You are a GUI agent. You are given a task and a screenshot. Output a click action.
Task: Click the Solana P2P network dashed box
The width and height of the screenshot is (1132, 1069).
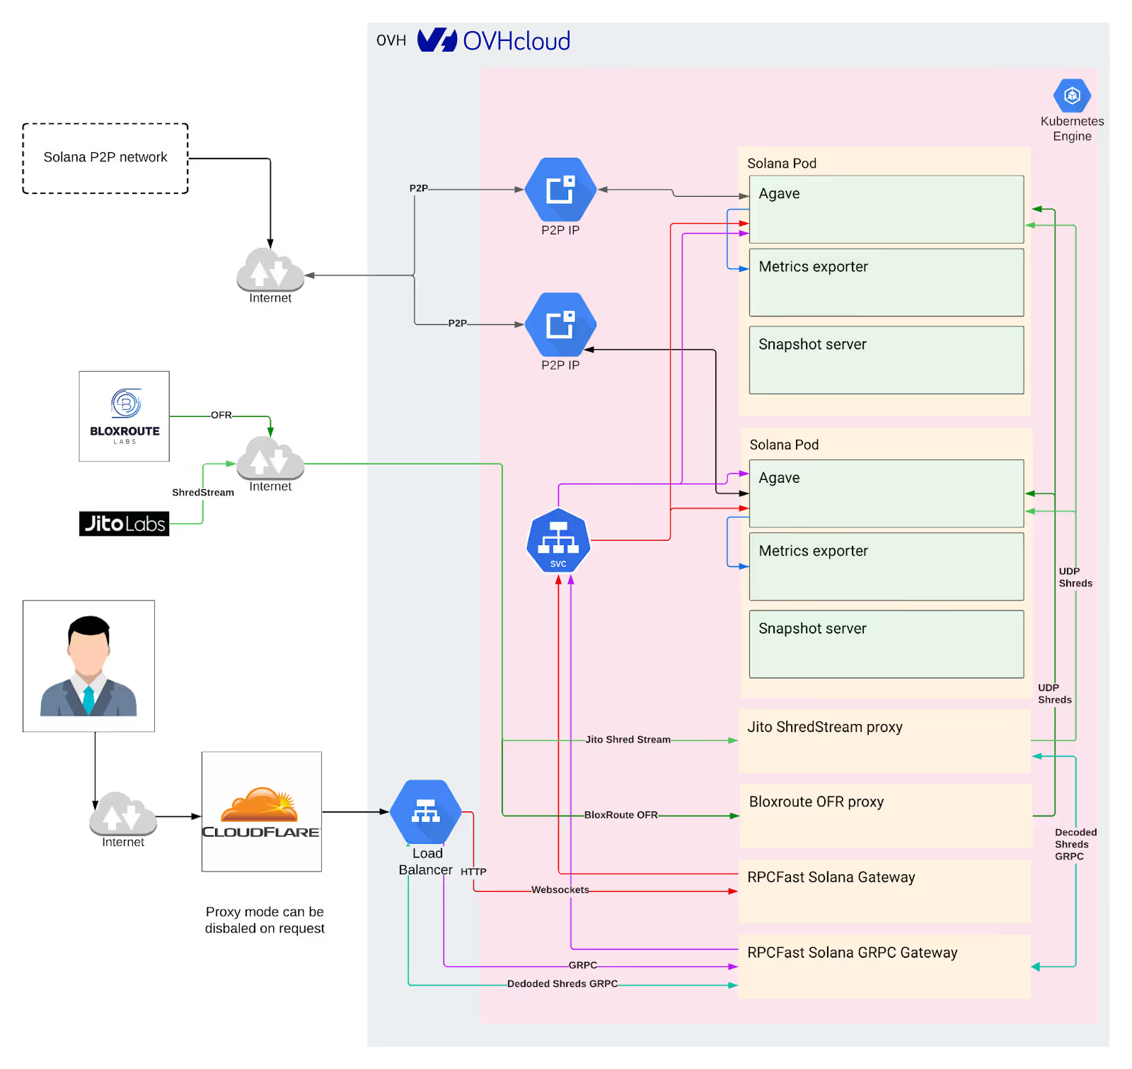click(x=105, y=158)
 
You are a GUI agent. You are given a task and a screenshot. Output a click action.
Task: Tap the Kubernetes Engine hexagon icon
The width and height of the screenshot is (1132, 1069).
click(x=1072, y=96)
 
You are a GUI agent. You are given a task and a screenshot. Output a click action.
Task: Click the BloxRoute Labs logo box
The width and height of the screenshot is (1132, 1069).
click(x=125, y=416)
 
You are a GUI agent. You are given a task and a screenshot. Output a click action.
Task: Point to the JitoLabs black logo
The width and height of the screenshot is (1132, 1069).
click(x=125, y=523)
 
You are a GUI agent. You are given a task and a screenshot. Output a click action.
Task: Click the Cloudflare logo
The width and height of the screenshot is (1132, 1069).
click(x=261, y=812)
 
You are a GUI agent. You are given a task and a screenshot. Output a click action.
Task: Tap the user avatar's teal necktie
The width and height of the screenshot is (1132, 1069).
click(x=88, y=699)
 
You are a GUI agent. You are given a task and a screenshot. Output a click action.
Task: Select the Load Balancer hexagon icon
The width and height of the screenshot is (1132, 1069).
click(x=425, y=811)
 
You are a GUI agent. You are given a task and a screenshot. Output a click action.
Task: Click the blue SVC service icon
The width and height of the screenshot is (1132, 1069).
click(x=558, y=541)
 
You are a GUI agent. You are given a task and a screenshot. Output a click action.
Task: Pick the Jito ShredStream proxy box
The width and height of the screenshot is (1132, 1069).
click(x=884, y=741)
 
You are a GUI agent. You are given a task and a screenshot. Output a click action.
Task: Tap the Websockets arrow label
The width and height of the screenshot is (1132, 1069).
click(x=560, y=890)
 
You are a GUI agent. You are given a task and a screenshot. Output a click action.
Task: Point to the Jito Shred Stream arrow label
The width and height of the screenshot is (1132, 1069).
click(x=628, y=740)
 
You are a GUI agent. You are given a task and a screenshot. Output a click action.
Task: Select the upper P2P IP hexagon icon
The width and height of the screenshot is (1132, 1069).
click(x=560, y=190)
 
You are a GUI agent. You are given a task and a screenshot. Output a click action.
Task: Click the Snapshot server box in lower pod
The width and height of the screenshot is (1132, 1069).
click(x=886, y=644)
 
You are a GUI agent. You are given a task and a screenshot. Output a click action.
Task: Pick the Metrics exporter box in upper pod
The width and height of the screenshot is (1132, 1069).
click(x=886, y=282)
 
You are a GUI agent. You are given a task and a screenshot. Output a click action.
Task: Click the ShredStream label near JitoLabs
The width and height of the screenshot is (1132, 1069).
click(x=203, y=493)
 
